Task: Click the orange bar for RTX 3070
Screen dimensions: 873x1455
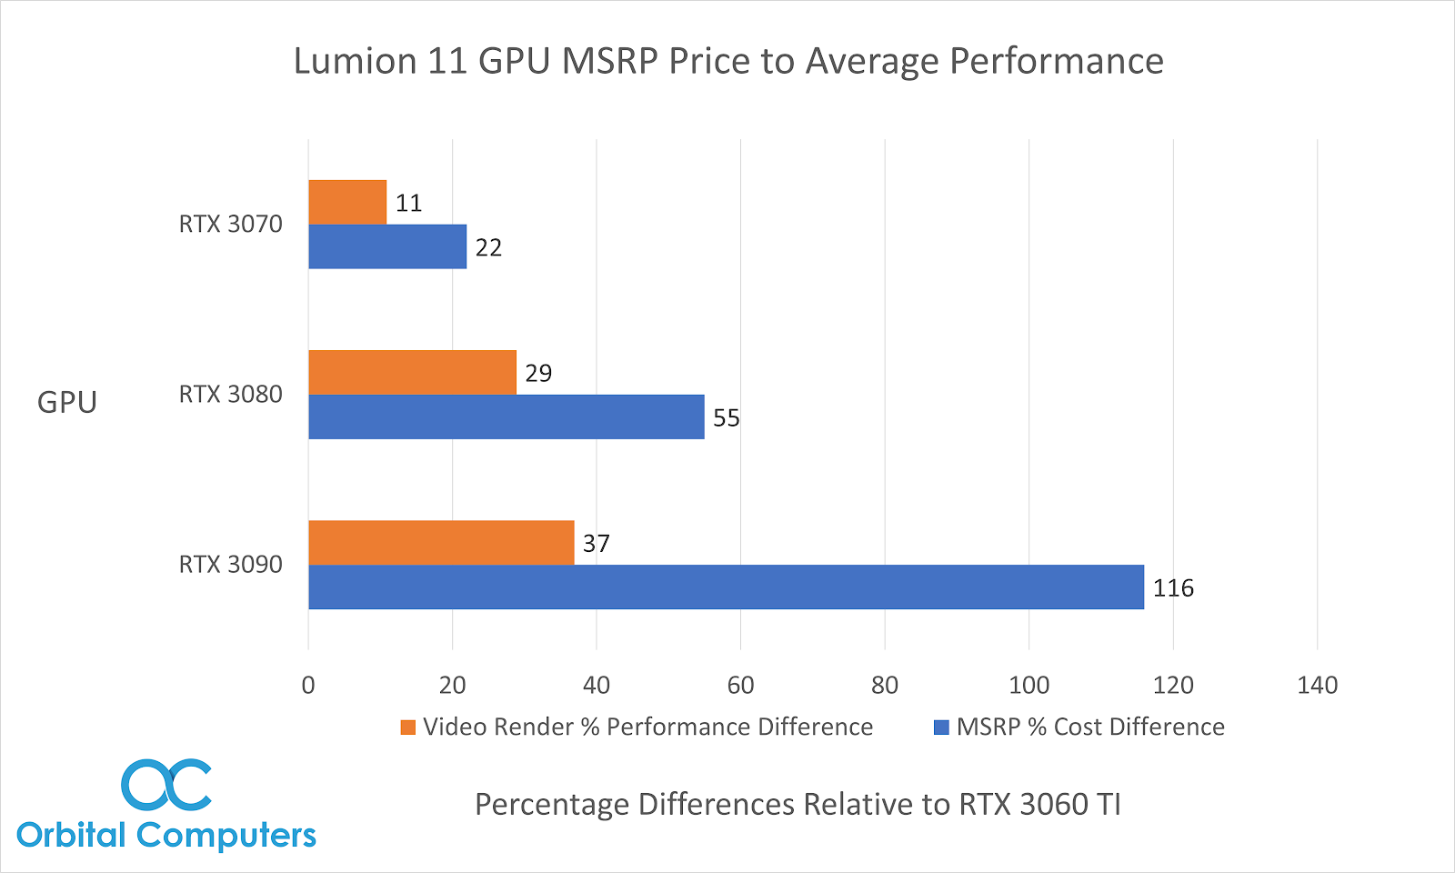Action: (347, 202)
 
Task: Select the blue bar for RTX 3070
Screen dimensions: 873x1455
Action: (387, 246)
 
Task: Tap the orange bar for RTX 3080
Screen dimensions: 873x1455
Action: (412, 372)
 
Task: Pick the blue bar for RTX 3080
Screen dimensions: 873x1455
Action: (506, 416)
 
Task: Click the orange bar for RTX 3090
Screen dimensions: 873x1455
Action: (441, 542)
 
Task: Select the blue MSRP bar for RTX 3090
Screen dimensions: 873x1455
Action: (726, 587)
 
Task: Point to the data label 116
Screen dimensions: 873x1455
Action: (1173, 588)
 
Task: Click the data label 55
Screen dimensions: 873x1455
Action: (727, 418)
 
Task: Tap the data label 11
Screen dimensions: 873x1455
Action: (408, 204)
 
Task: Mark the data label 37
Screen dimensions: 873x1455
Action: (596, 544)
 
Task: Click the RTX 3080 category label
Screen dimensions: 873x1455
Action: (230, 395)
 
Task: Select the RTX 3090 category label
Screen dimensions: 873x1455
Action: (230, 565)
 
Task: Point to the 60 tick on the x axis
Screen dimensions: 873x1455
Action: (740, 686)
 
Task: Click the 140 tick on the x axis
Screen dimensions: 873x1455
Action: (1317, 686)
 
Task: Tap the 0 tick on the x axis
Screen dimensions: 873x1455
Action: (308, 686)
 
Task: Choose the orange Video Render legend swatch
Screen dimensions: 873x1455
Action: (408, 727)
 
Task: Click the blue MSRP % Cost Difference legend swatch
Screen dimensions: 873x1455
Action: (941, 727)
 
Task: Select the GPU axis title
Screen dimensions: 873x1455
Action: (67, 402)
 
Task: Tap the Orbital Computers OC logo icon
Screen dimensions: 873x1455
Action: (166, 785)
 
